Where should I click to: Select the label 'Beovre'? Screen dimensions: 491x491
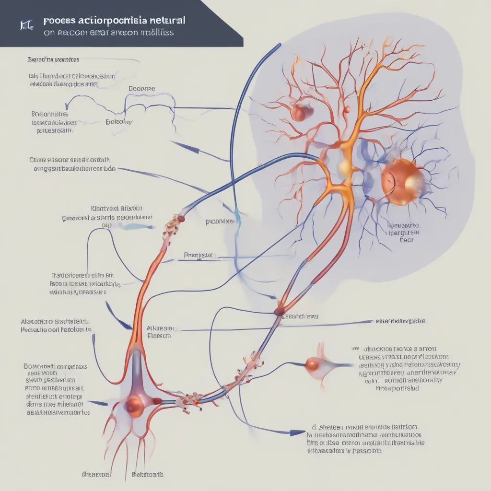pyautogui.click(x=142, y=89)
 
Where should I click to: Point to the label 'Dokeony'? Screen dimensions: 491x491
pyautogui.click(x=119, y=122)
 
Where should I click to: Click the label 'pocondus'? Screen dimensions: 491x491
pyautogui.click(x=220, y=222)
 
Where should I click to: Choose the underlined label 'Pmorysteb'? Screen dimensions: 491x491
pyautogui.click(x=200, y=256)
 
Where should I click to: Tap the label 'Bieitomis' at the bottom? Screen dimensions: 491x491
pyautogui.click(x=147, y=474)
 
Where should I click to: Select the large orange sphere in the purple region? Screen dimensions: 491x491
pyautogui.click(x=402, y=182)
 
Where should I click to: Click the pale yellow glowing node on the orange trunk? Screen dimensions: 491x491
pyautogui.click(x=344, y=167)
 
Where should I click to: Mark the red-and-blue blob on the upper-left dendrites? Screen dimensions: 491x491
pyautogui.click(x=301, y=112)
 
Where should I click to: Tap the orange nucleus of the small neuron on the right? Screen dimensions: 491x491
pyautogui.click(x=313, y=365)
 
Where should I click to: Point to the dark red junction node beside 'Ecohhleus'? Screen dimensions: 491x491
pyautogui.click(x=279, y=312)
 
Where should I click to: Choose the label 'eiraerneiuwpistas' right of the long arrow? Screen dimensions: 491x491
pyautogui.click(x=401, y=321)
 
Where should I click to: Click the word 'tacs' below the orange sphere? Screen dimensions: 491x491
pyautogui.click(x=407, y=241)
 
